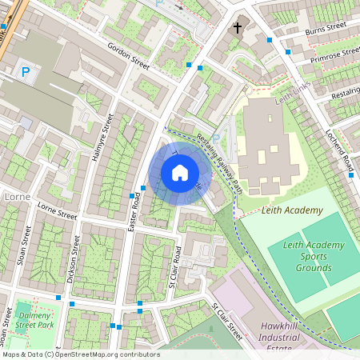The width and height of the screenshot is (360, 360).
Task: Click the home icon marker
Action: pyautogui.click(x=180, y=172)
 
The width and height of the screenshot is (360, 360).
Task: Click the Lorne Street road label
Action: pyautogui.click(x=57, y=210)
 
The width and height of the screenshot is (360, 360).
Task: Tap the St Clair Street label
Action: pyautogui.click(x=227, y=318)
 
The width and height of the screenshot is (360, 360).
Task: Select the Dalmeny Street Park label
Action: pyautogui.click(x=34, y=321)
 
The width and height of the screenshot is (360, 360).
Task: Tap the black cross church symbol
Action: pyautogui.click(x=237, y=28)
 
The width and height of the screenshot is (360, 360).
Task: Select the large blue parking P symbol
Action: pyautogui.click(x=26, y=73)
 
